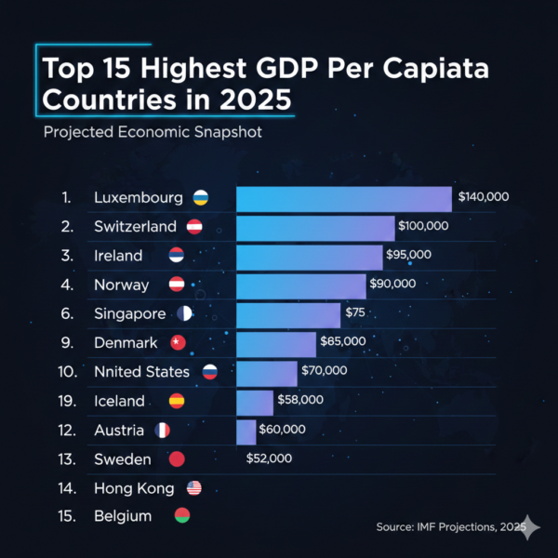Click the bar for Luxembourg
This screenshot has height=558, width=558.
click(x=344, y=198)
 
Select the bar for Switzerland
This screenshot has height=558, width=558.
click(x=316, y=227)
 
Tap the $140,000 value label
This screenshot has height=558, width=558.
click(x=483, y=198)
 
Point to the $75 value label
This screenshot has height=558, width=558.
click(x=355, y=313)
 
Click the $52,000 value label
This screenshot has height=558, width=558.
click(x=270, y=458)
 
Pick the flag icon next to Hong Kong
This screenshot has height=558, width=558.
click(x=193, y=487)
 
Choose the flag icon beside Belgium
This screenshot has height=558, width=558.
click(x=182, y=516)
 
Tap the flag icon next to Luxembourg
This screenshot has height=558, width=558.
click(x=199, y=198)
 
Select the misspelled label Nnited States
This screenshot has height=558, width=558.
click(x=141, y=372)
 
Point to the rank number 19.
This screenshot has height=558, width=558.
click(x=66, y=401)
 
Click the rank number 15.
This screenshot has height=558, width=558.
click(x=66, y=516)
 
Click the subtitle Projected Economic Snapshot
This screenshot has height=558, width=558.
click(x=153, y=132)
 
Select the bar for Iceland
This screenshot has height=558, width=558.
click(x=255, y=402)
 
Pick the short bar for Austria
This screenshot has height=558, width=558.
click(x=246, y=431)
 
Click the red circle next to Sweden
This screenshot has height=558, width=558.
click(x=178, y=459)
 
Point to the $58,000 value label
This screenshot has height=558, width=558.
click(x=300, y=400)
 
